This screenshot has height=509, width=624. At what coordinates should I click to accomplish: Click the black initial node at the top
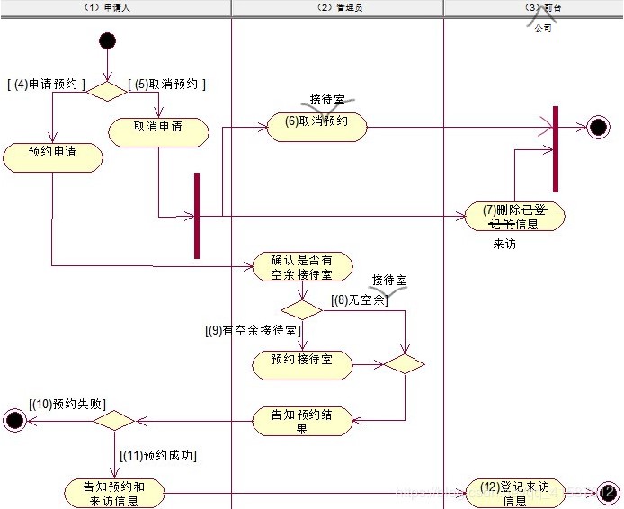click(x=107, y=40)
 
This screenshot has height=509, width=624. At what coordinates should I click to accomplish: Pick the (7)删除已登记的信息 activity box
click(x=515, y=216)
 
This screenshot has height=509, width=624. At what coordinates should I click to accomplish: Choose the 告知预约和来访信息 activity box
click(x=114, y=493)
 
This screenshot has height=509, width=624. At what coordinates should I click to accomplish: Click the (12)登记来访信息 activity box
click(x=515, y=493)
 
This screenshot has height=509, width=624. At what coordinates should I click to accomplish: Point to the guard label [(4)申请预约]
click(x=46, y=85)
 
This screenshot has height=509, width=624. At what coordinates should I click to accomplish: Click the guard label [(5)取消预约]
click(x=167, y=85)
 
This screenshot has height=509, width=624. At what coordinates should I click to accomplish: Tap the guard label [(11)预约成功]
click(x=157, y=456)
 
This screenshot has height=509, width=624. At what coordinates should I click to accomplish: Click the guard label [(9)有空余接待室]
click(x=253, y=331)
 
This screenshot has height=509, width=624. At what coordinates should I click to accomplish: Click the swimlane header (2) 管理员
click(x=337, y=7)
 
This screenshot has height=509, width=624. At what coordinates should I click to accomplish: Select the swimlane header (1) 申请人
click(x=115, y=7)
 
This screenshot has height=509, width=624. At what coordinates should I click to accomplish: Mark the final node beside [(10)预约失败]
click(x=14, y=419)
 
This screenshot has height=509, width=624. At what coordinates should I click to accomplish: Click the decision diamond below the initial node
click(x=107, y=91)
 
